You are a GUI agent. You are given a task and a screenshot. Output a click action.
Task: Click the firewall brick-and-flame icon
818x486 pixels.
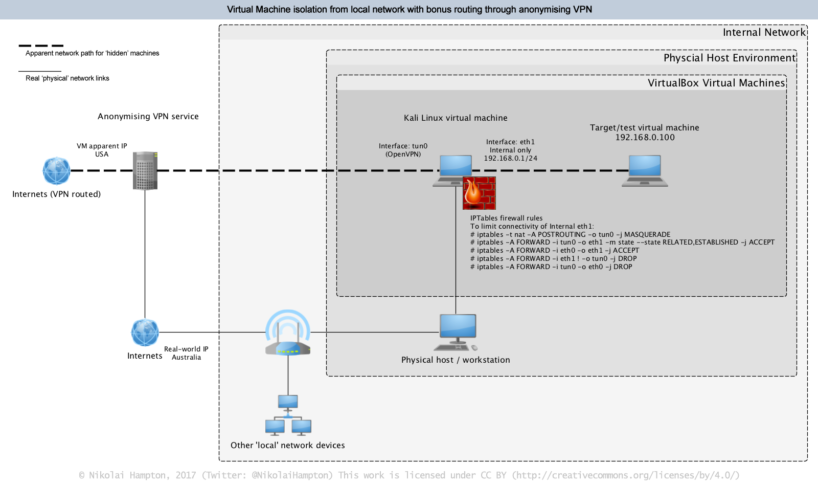(479, 193)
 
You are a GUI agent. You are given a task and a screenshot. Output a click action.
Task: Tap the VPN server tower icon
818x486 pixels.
(145, 171)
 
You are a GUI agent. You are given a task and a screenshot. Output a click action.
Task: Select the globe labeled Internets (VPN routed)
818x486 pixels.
(56, 171)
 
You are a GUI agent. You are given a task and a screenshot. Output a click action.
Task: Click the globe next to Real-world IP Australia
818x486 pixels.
(145, 333)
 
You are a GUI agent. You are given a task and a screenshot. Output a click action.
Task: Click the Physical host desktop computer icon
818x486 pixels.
(458, 332)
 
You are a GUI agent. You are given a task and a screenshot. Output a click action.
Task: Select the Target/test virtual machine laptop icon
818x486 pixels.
(645, 171)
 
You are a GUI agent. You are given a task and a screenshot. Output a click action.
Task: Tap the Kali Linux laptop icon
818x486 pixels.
(454, 169)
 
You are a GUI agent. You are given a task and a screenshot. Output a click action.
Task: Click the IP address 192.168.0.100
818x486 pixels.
(645, 138)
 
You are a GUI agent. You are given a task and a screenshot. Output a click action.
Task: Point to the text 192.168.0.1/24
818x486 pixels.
(510, 159)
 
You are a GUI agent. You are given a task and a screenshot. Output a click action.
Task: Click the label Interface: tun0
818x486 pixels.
(403, 146)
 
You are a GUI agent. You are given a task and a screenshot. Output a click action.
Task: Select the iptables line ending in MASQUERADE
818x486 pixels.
(570, 234)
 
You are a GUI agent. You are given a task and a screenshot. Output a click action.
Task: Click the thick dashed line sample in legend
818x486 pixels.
(41, 46)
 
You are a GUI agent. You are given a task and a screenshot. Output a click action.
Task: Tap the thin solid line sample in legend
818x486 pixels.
(40, 71)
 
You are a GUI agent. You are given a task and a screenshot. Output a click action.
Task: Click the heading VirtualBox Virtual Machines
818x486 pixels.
(716, 83)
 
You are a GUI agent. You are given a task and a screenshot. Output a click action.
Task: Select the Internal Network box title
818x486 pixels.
(764, 32)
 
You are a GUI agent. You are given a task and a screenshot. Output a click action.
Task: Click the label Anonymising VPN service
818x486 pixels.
(148, 117)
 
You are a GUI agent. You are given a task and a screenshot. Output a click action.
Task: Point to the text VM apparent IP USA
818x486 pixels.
(102, 150)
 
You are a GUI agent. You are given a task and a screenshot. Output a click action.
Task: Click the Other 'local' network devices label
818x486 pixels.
(287, 446)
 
